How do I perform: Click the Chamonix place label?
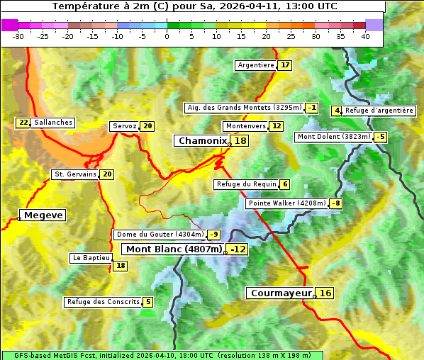[x=202, y=141]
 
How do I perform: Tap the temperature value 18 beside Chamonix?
[x=241, y=141]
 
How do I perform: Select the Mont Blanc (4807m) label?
[x=174, y=249]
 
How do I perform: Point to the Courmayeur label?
[x=281, y=293]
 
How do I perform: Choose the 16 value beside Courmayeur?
[x=325, y=293]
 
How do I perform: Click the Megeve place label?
[x=43, y=215]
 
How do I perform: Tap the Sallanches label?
[x=53, y=123]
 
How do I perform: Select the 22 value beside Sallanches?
[x=23, y=123]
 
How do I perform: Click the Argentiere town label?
[x=256, y=65]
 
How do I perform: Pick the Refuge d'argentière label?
[x=379, y=111]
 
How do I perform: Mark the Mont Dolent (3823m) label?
[x=334, y=137]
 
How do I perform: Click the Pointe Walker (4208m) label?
[x=286, y=203]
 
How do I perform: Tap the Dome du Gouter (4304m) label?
[x=160, y=235]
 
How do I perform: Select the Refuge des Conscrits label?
[x=103, y=302]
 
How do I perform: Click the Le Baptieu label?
[x=91, y=259]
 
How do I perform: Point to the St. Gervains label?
[x=74, y=174]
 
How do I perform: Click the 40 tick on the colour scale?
[x=365, y=36]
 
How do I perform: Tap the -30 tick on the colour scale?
[x=18, y=36]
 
